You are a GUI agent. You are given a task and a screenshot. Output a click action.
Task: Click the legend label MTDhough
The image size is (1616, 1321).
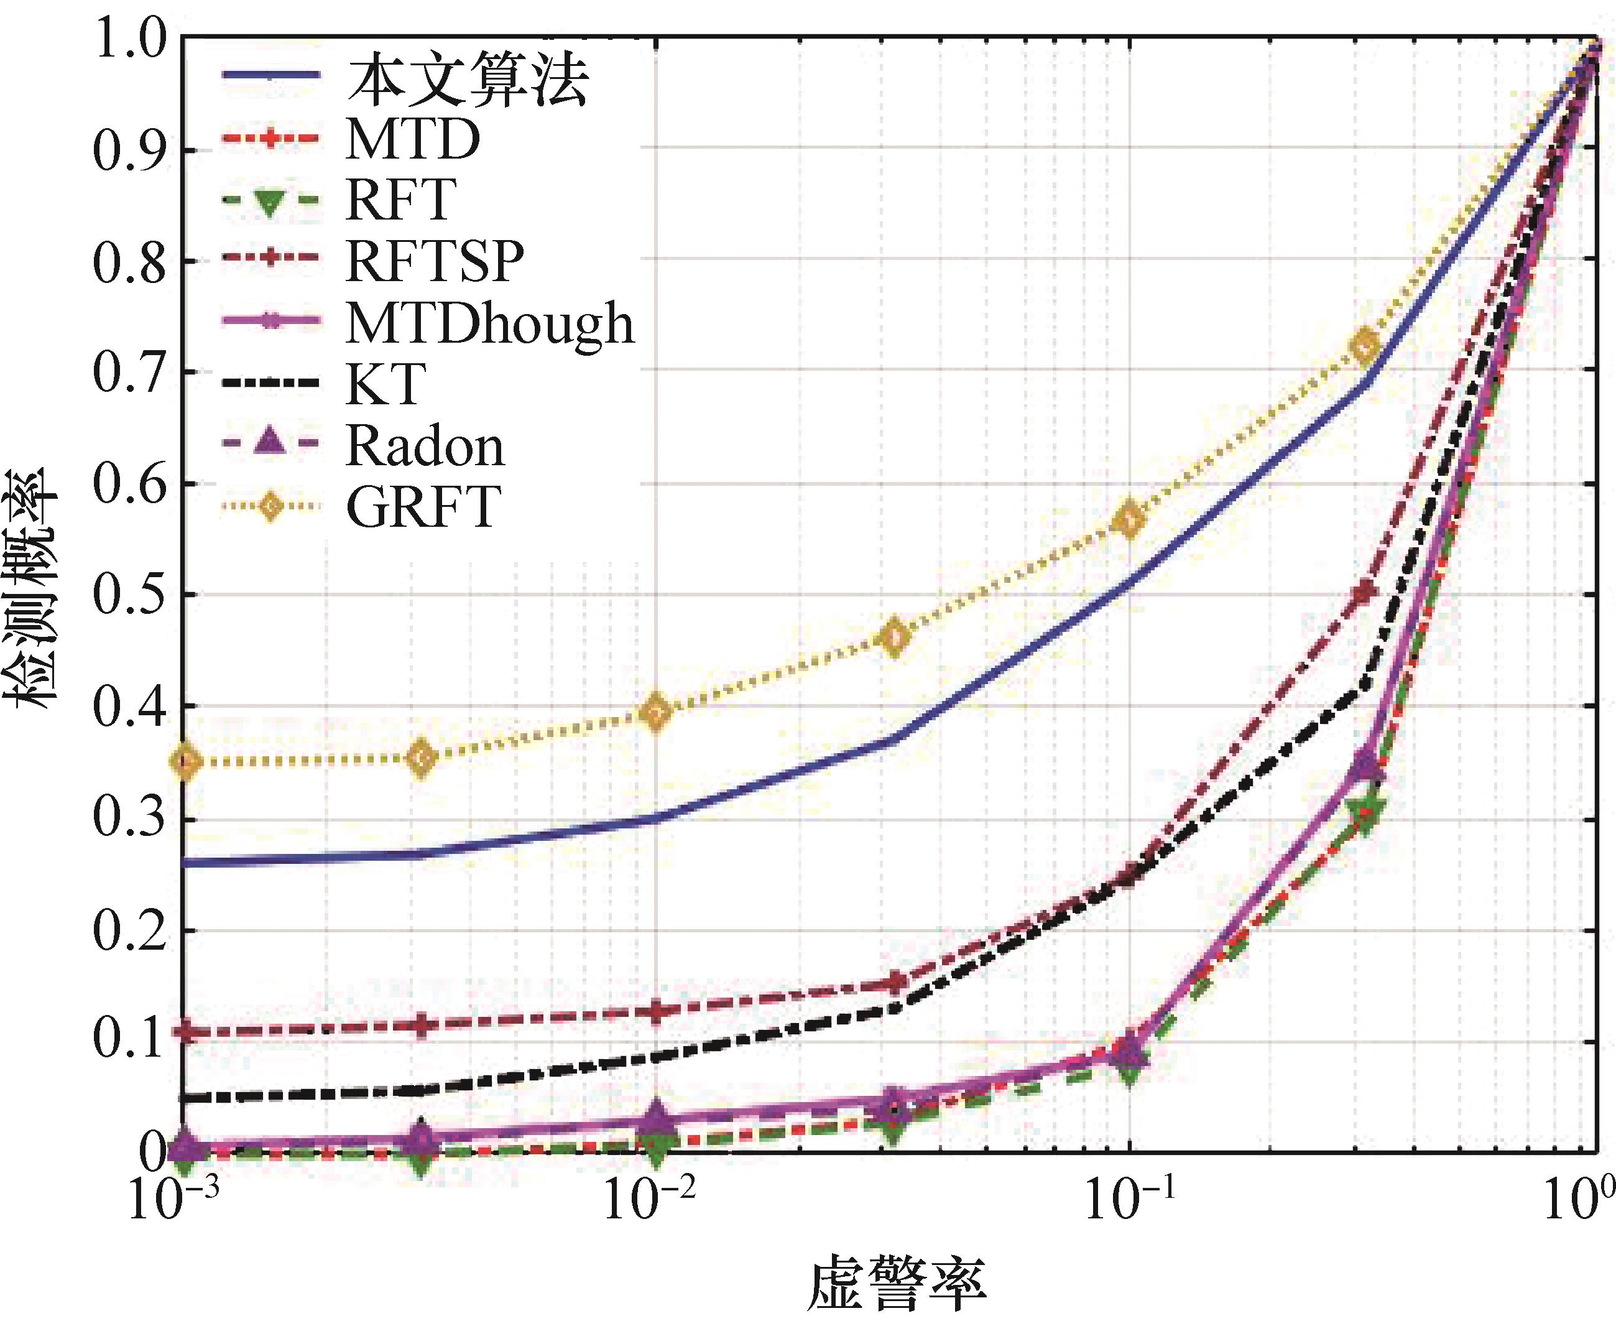(490, 323)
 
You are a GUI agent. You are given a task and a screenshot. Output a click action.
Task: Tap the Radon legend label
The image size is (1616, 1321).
(425, 445)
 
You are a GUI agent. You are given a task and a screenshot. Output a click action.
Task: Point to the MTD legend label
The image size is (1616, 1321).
(412, 139)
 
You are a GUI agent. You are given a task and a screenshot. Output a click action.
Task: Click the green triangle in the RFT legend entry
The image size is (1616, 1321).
(270, 201)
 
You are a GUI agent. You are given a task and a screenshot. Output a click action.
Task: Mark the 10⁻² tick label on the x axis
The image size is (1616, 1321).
(651, 1202)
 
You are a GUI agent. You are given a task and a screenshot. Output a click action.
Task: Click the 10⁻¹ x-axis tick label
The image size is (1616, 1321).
(1127, 1202)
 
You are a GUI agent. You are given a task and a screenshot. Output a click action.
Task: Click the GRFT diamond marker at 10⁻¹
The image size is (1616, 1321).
(1130, 519)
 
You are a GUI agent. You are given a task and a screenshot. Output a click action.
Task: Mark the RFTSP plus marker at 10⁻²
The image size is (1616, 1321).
(656, 1011)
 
